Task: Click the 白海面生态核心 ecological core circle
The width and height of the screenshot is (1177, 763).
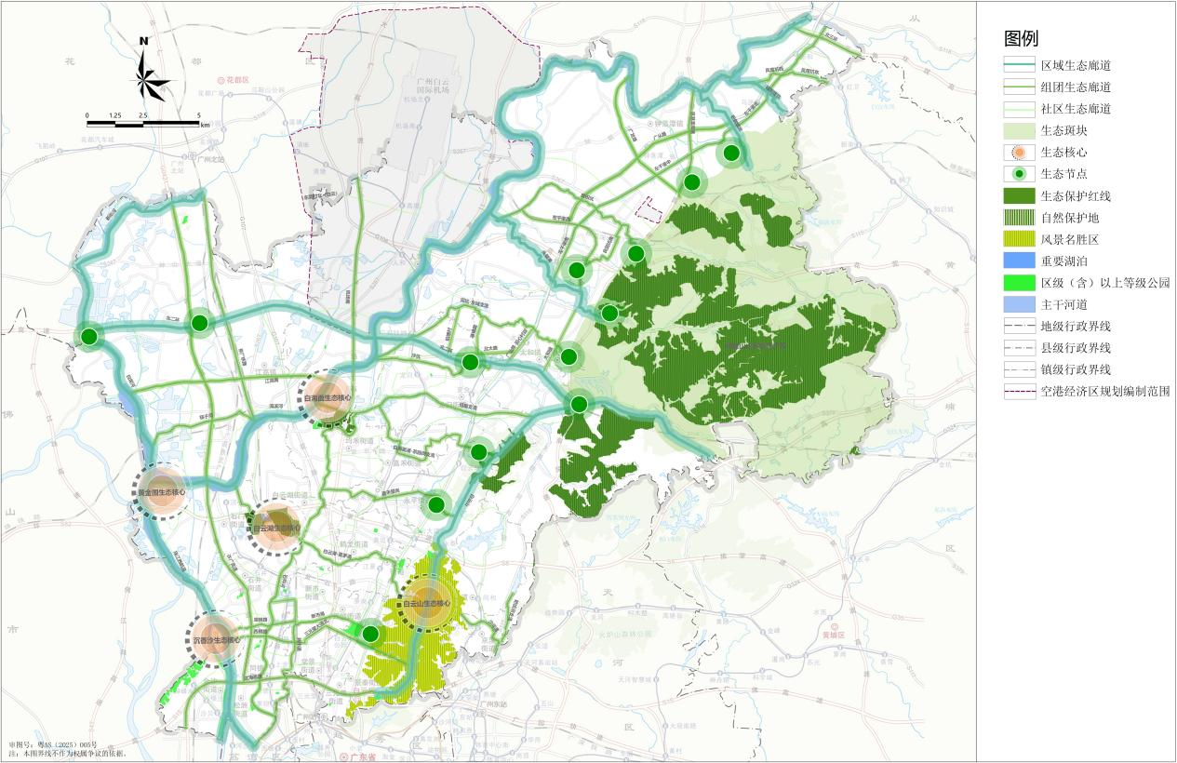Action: (x=328, y=397)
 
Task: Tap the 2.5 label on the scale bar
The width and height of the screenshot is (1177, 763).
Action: (x=142, y=115)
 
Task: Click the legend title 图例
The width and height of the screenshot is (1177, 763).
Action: (x=1021, y=38)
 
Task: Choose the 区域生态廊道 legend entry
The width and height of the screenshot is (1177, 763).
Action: (x=1076, y=65)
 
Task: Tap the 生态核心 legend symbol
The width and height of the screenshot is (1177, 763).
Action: (x=1020, y=152)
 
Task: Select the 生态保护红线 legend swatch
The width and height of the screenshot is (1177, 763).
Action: (x=1020, y=195)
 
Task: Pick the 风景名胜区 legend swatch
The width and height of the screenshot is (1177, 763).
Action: (x=1020, y=239)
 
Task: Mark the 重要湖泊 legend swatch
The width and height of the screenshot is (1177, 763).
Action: (x=1020, y=261)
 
